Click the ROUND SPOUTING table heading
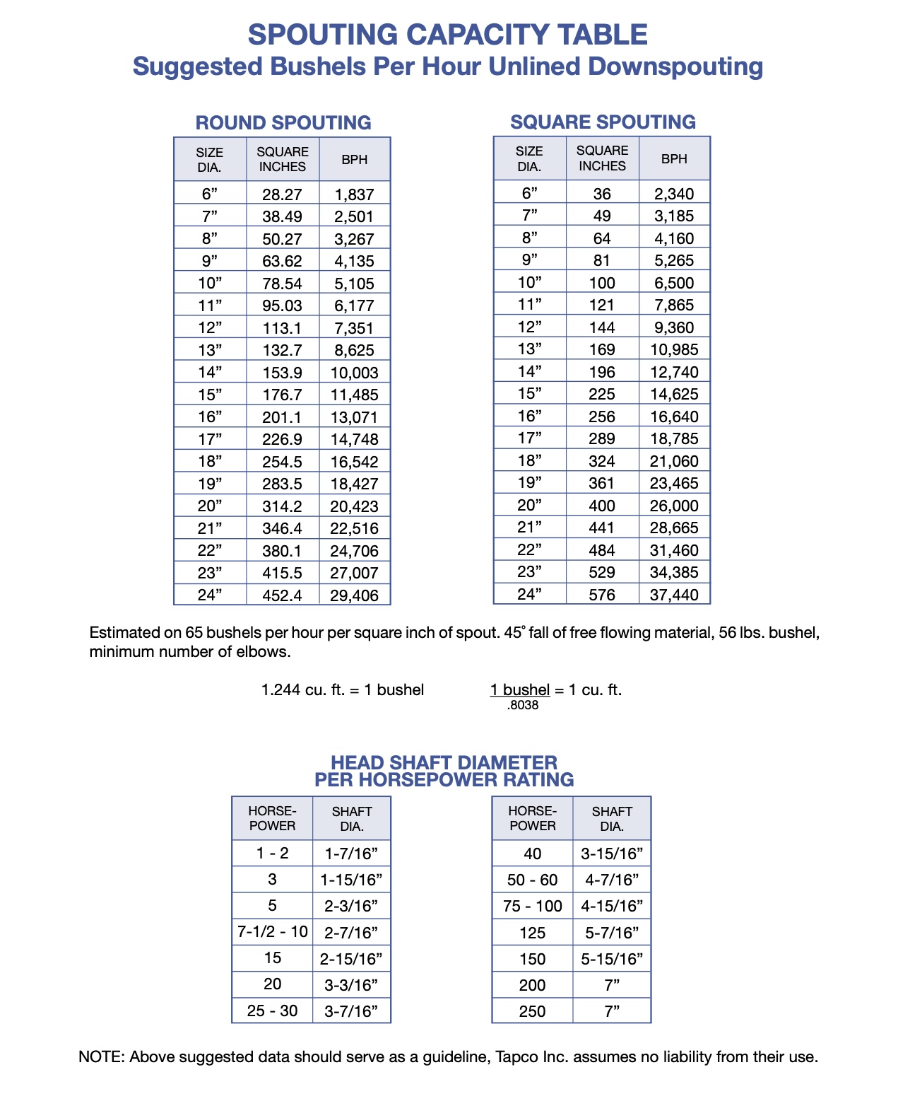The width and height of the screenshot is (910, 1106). [x=283, y=122]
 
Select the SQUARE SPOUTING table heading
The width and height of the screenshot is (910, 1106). [x=603, y=122]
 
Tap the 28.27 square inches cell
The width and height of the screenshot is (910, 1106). [x=282, y=194]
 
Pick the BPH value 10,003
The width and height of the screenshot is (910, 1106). [x=355, y=373]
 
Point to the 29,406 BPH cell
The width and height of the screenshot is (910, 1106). [x=355, y=595]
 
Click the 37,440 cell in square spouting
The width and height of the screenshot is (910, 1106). [x=674, y=595]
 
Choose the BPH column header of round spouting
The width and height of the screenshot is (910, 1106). [x=355, y=160]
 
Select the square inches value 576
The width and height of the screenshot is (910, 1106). [x=602, y=595]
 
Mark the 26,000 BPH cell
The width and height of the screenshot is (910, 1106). [x=674, y=506]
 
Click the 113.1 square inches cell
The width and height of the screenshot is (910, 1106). [x=282, y=328]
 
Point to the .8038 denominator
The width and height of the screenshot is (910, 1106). [x=523, y=706]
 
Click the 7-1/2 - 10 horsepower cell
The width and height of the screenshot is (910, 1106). [x=273, y=932]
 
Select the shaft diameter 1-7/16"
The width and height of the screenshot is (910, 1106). [x=352, y=854]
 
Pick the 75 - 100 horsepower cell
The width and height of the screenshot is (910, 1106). [x=533, y=907]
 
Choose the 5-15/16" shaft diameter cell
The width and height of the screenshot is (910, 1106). [x=612, y=959]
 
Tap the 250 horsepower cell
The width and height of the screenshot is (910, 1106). [x=533, y=1011]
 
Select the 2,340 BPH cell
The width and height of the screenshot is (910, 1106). [x=674, y=194]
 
